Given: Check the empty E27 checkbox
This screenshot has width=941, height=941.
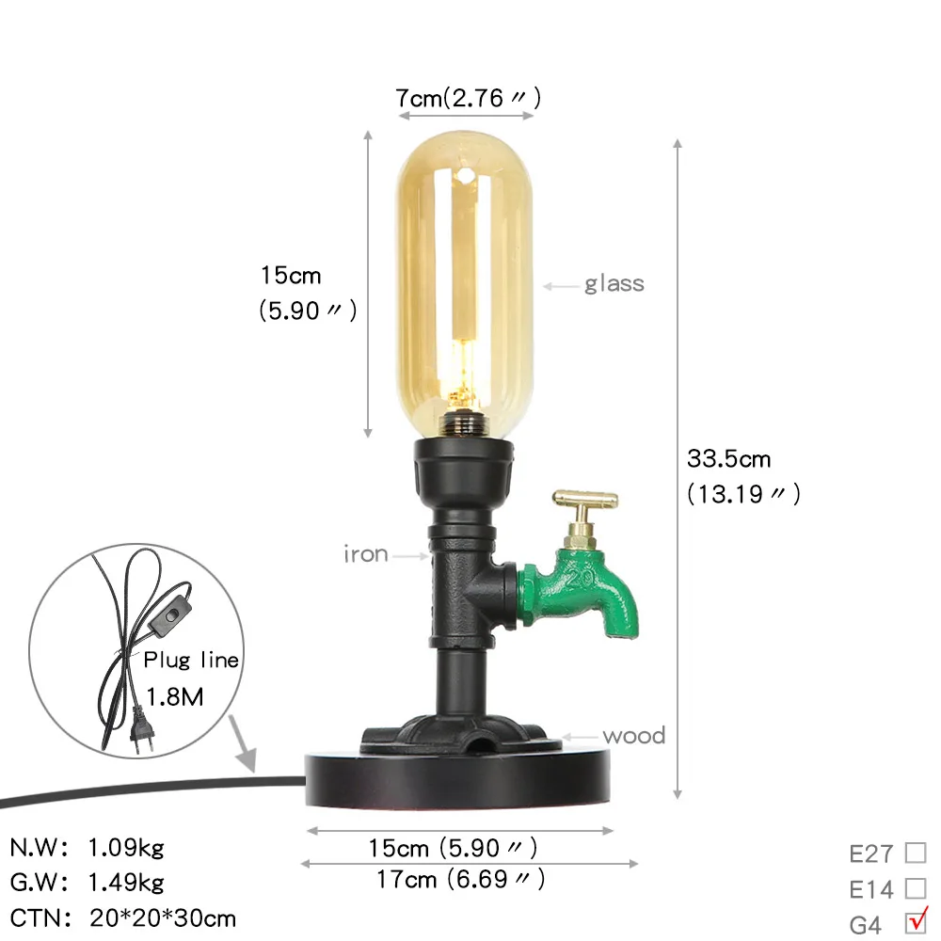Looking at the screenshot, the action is tap(916, 853).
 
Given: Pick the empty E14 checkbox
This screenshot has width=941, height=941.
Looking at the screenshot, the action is tap(916, 887).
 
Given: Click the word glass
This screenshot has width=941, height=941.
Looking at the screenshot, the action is tap(614, 284).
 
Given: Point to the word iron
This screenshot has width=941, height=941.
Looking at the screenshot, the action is tap(365, 554).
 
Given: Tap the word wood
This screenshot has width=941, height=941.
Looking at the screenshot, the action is tap(634, 736).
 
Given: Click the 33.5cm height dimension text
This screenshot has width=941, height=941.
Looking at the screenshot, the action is tap(728, 459).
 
